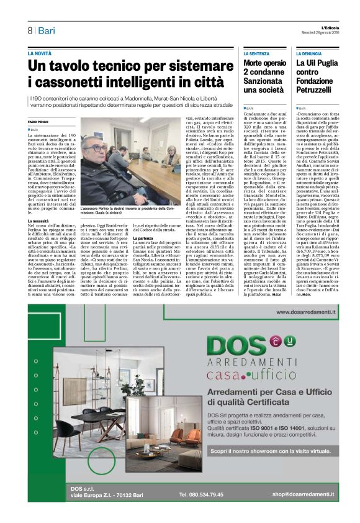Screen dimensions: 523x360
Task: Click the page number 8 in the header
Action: [x=29, y=30]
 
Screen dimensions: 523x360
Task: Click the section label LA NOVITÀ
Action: [x=40, y=54]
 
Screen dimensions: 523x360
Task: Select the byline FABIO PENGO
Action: [x=38, y=122]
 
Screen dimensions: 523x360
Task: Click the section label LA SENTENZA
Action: [x=256, y=54]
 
